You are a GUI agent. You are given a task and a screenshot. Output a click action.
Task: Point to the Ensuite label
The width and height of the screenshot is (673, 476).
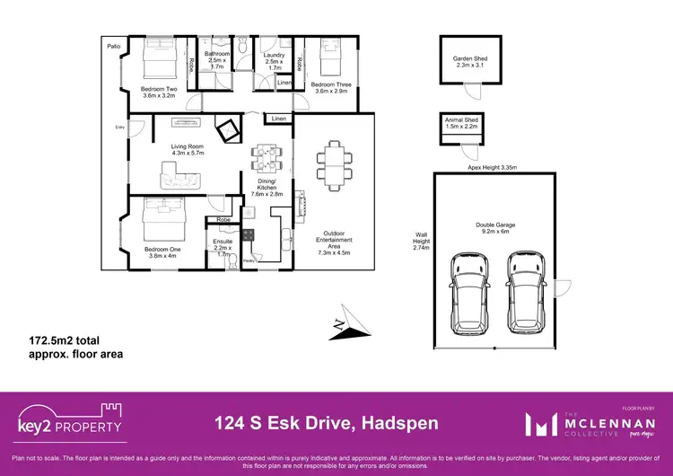(x=223, y=245)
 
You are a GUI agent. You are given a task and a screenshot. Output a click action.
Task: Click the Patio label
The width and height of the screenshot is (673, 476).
(x=113, y=45)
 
